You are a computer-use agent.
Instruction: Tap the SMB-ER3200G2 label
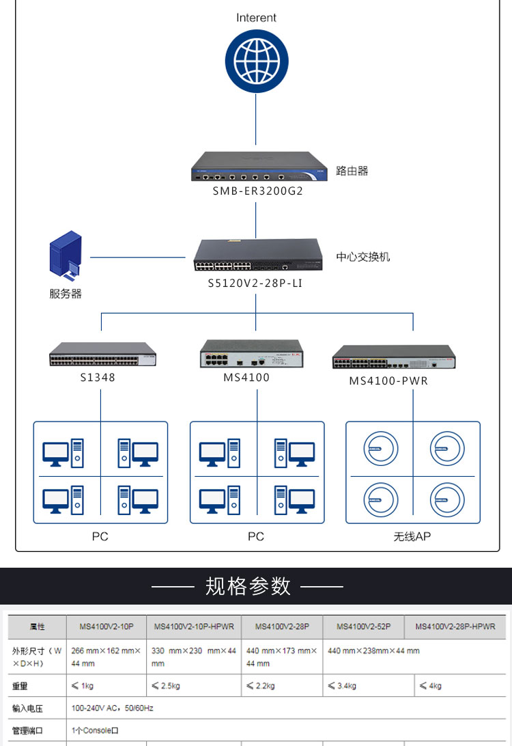click(257, 191)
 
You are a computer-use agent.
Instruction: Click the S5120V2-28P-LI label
click(255, 282)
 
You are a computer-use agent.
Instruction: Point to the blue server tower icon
click(66, 257)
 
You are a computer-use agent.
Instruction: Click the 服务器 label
click(66, 294)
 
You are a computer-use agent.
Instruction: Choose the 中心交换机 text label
click(362, 257)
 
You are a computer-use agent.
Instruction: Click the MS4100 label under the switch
click(246, 377)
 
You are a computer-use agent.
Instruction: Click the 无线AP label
click(412, 537)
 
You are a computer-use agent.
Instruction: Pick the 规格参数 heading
click(248, 586)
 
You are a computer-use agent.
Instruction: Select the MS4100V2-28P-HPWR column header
click(455, 626)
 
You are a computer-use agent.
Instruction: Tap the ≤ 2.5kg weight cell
click(165, 685)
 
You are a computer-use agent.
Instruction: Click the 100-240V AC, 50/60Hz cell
click(113, 708)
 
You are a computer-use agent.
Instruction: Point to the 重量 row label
click(20, 685)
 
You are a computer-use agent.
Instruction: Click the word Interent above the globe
click(256, 18)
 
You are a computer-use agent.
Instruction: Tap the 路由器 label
click(352, 171)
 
